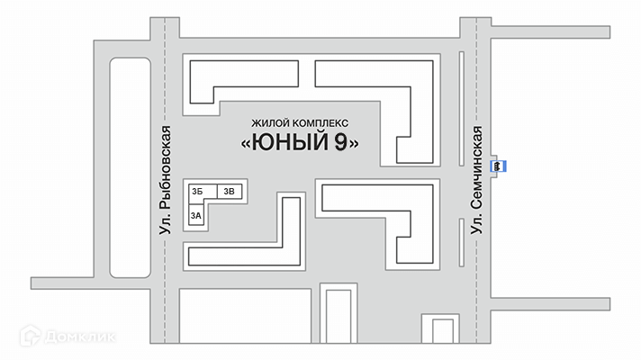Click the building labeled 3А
click(x=196, y=215)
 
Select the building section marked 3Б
click(x=202, y=192)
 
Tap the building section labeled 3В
click(x=230, y=191)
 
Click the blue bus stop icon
click(x=498, y=166)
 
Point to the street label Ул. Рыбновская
click(x=165, y=180)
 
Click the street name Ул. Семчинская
click(x=476, y=180)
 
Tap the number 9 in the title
click(x=341, y=142)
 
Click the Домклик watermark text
click(x=80, y=337)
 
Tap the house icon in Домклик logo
click(x=31, y=336)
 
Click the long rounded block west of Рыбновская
click(x=130, y=167)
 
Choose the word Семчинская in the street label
click(x=476, y=168)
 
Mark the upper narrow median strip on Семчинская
click(x=462, y=109)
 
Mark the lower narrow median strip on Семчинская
click(x=462, y=243)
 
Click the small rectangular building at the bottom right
click(x=443, y=331)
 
